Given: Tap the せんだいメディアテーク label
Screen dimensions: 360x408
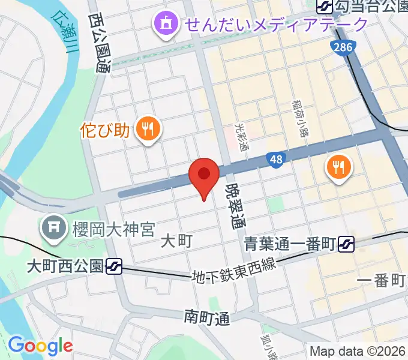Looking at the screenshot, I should click(x=276, y=25).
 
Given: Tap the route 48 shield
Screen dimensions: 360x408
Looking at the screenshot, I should click(x=276, y=160).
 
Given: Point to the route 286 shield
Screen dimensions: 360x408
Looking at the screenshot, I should click(x=343, y=47).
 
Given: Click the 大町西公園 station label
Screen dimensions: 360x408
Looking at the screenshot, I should click(x=65, y=266).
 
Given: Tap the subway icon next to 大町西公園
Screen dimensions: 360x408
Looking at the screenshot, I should click(x=114, y=266).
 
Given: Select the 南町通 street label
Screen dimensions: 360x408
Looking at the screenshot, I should click(x=207, y=317).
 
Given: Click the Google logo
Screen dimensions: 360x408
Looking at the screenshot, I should click(x=40, y=346).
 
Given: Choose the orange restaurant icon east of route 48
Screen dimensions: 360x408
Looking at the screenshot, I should click(x=339, y=167).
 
